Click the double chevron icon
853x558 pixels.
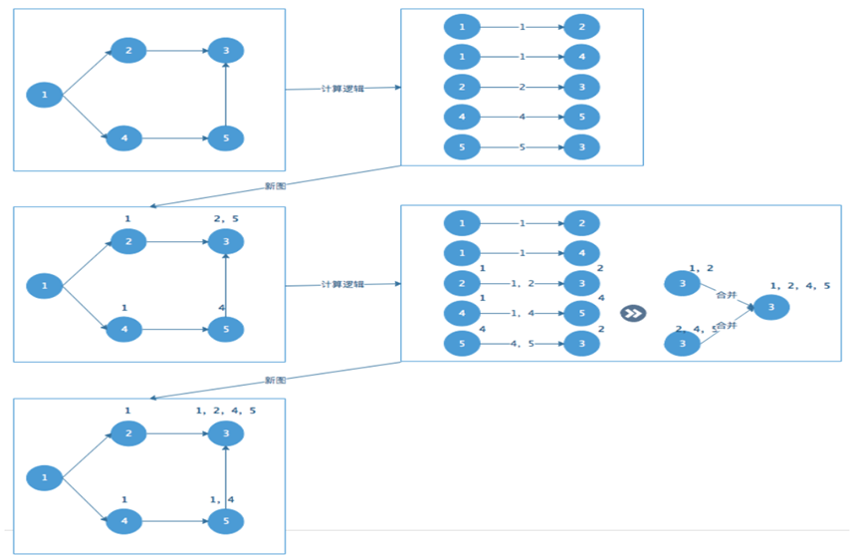click(633, 313)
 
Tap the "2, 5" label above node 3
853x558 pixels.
click(226, 218)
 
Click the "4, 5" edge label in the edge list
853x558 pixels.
click(523, 344)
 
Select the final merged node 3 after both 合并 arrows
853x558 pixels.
click(770, 307)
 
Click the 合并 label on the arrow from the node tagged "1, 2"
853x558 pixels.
click(727, 295)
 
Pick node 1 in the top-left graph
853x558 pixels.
click(45, 96)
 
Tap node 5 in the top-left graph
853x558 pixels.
click(226, 139)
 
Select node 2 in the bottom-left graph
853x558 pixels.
click(128, 433)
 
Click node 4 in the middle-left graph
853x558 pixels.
click(124, 330)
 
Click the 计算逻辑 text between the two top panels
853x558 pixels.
click(342, 89)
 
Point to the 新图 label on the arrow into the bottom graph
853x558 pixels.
click(276, 381)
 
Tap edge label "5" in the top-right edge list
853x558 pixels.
click(523, 147)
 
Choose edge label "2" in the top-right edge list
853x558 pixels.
click(523, 87)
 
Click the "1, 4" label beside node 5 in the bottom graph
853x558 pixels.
click(221, 499)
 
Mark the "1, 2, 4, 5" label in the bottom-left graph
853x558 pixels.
click(226, 410)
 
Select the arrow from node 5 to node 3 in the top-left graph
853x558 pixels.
click(226, 95)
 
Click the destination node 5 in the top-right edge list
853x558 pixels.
click(582, 118)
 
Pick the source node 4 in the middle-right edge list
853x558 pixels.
click(462, 314)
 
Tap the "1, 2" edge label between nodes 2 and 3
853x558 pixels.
click(523, 284)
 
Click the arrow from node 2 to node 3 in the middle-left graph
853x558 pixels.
click(176, 241)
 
